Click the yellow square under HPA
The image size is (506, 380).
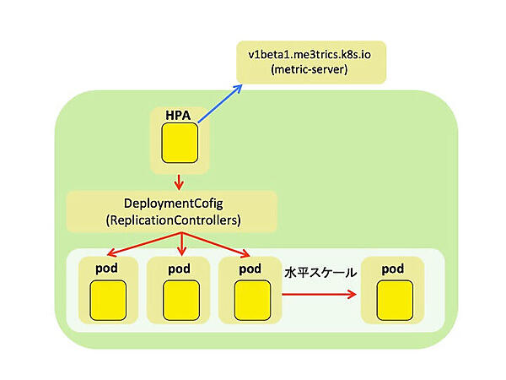pyautogui.click(x=179, y=143)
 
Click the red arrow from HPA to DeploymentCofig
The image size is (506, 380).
pyautogui.click(x=179, y=181)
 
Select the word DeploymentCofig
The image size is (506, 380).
pyautogui.click(x=171, y=204)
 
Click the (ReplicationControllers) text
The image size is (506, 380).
pyautogui.click(x=171, y=220)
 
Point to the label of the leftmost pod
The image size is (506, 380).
pyautogui.click(x=108, y=269)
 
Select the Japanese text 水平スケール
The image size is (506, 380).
pyautogui.click(x=320, y=274)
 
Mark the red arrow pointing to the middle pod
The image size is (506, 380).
pyautogui.click(x=181, y=246)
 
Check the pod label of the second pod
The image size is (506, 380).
pyautogui.click(x=179, y=269)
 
